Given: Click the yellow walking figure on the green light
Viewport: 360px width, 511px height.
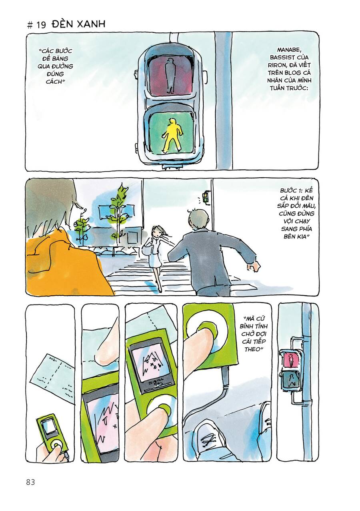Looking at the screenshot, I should pyautogui.click(x=172, y=135).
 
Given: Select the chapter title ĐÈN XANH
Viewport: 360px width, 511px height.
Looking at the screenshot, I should pyautogui.click(x=78, y=24).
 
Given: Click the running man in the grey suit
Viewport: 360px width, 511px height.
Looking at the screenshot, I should pyautogui.click(x=208, y=252).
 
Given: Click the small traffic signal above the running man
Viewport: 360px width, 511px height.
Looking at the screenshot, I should pyautogui.click(x=206, y=197).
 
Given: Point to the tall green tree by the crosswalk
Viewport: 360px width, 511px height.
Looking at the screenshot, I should pyautogui.click(x=119, y=212).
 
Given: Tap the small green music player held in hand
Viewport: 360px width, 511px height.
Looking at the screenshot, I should pyautogui.click(x=52, y=432).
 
